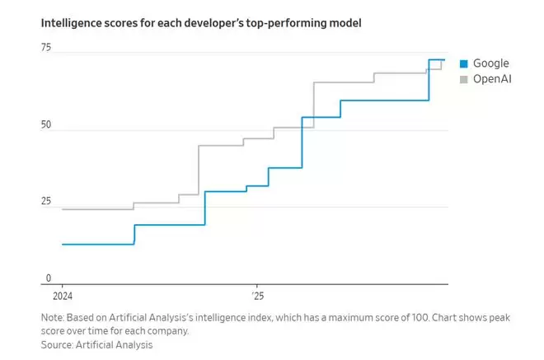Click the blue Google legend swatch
pos(464,64)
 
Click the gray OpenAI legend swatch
pos(464,79)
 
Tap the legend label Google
pos(491,63)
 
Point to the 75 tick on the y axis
pos(46,48)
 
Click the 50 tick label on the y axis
pos(46,125)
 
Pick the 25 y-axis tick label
pos(46,202)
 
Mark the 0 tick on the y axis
pos(49,278)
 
